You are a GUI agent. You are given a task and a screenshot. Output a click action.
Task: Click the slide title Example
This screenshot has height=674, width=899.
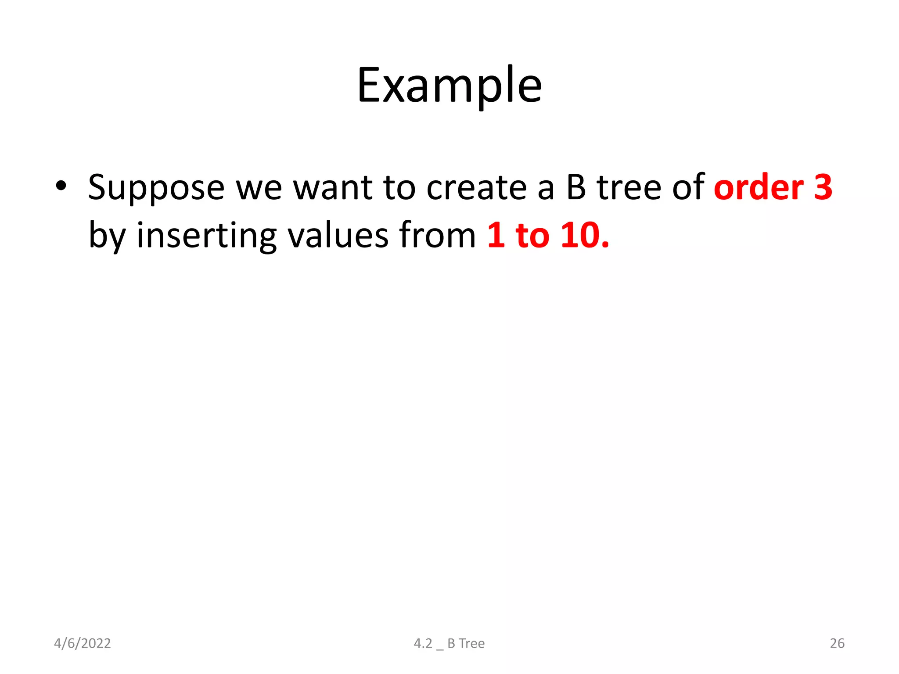pos(449,86)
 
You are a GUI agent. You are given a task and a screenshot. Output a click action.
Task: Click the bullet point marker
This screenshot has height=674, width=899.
pos(61,186)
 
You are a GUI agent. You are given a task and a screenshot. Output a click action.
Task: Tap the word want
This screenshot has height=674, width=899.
pos(332,188)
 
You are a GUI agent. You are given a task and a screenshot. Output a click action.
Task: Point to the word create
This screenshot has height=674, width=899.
pos(476,188)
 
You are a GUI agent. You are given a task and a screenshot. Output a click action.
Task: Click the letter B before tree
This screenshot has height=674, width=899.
pos(576,187)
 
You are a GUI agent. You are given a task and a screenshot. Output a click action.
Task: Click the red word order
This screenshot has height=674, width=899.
pos(759,187)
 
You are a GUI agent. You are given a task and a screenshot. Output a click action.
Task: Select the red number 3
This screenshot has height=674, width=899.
pos(823,187)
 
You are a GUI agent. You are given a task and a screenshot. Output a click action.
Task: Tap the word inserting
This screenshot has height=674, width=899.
pos(206,236)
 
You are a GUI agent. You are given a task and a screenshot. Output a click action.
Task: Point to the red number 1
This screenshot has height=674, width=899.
pos(496,235)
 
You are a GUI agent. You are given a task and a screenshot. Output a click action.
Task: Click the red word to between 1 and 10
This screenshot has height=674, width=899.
pos(532,235)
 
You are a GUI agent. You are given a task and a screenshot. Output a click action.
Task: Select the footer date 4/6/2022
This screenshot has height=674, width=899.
pos(82,643)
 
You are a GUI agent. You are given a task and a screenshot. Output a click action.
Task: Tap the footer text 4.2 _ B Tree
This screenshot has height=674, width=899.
pos(449,643)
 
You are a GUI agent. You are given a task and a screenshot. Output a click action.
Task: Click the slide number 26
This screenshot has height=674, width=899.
pos(837,643)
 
